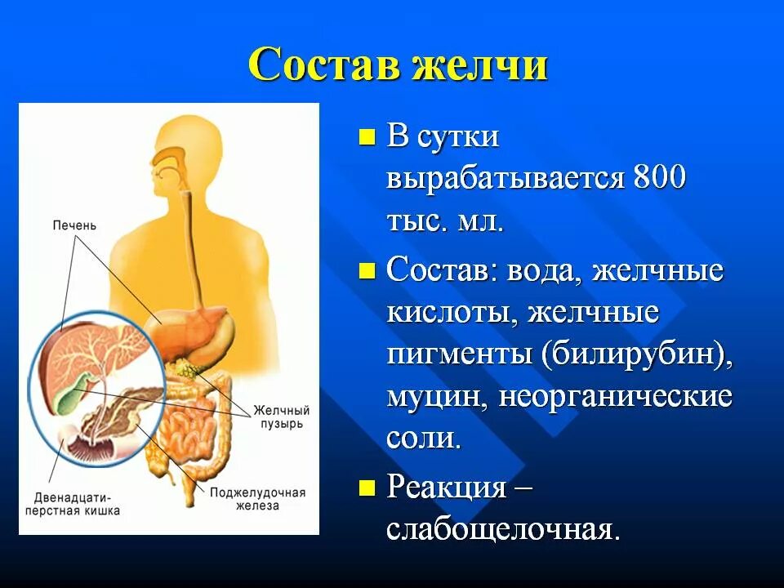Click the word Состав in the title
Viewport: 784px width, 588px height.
(323, 64)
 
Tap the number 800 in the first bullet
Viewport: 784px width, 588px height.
(657, 179)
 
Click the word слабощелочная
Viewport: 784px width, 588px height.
(503, 531)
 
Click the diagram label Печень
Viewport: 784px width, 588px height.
(74, 225)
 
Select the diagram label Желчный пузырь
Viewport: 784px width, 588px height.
(281, 416)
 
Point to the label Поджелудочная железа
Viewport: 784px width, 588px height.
(257, 499)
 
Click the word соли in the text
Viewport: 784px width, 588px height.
(423, 439)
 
